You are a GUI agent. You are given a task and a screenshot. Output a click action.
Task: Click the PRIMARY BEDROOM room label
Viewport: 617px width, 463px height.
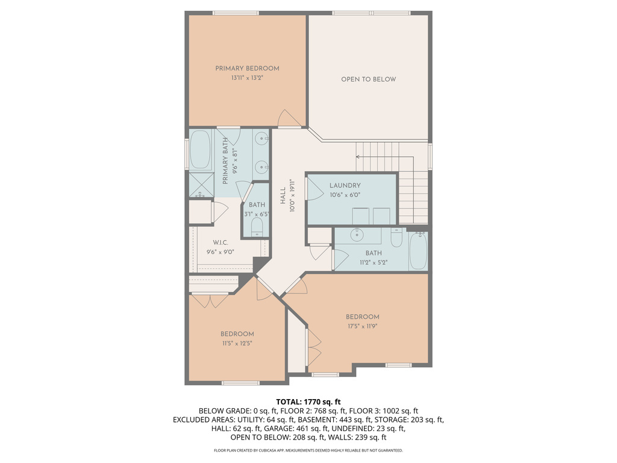[x=247, y=69]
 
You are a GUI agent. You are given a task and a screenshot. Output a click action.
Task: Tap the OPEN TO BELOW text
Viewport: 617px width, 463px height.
[x=368, y=80]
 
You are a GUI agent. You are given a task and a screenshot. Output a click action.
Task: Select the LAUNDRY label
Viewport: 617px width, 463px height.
[x=345, y=186]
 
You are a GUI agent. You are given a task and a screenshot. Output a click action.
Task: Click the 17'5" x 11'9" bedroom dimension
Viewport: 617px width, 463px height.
[x=362, y=326]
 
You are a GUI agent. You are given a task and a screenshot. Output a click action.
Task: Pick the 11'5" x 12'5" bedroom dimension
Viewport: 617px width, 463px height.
[x=236, y=343]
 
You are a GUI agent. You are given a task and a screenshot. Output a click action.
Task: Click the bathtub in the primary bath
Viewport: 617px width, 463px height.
[x=200, y=150]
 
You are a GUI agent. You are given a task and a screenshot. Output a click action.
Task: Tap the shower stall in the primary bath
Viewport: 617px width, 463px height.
[x=201, y=185]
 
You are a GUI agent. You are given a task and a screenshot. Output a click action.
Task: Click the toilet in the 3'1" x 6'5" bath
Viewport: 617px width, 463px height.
[x=257, y=227]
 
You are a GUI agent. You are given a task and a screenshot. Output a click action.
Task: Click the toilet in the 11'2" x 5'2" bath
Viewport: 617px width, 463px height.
[x=396, y=238]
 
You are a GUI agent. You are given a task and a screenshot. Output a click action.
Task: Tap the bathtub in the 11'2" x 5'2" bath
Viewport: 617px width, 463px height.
[x=418, y=251]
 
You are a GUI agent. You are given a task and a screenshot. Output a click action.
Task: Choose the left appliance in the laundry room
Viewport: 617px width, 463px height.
[x=360, y=215]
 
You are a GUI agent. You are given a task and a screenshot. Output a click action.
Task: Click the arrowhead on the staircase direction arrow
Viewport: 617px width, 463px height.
[x=358, y=157]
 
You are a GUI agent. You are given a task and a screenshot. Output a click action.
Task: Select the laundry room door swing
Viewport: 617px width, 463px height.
[x=314, y=189]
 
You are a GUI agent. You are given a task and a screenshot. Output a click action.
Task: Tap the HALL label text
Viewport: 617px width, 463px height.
[x=283, y=195]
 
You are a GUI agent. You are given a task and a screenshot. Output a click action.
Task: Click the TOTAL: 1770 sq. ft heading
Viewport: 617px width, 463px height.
[x=308, y=402]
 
